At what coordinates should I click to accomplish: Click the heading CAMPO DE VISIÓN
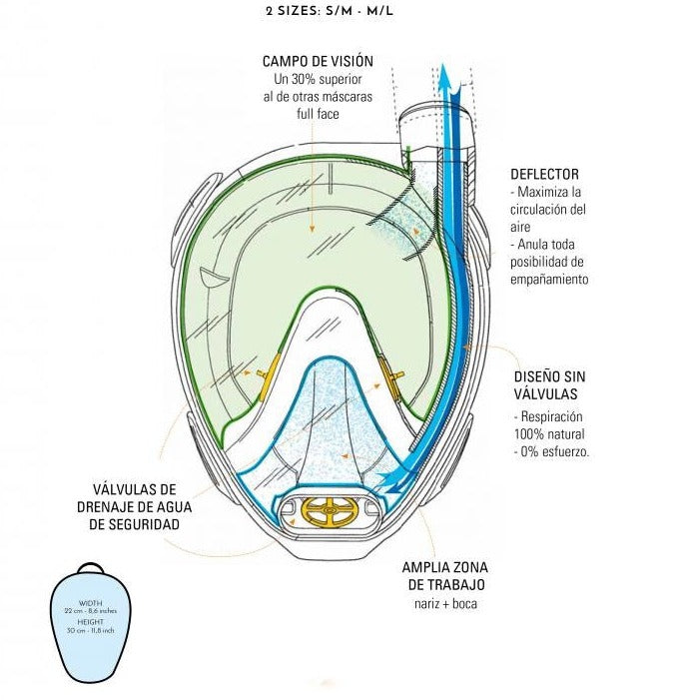point(312,62)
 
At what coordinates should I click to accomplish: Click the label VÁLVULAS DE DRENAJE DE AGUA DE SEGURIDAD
point(135,506)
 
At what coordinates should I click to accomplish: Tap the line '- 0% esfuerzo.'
point(550,451)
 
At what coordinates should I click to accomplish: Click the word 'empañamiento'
point(548,280)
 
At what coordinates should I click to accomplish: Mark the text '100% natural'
point(550,434)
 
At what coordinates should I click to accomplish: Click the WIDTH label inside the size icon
point(90,602)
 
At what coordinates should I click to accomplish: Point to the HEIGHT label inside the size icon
point(90,621)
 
